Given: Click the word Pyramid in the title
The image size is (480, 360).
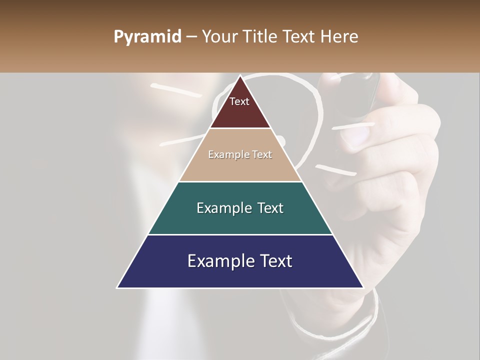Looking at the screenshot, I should (147, 37).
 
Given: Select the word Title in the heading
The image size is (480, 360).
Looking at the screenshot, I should (260, 36).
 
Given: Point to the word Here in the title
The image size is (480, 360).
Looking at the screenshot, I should (340, 36).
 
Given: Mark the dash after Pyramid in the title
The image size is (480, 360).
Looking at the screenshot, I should (191, 37).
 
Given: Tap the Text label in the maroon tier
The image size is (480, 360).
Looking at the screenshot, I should (239, 101).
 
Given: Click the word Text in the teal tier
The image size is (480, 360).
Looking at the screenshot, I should (270, 208).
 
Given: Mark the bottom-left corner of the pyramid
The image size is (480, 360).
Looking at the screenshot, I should (117, 287).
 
